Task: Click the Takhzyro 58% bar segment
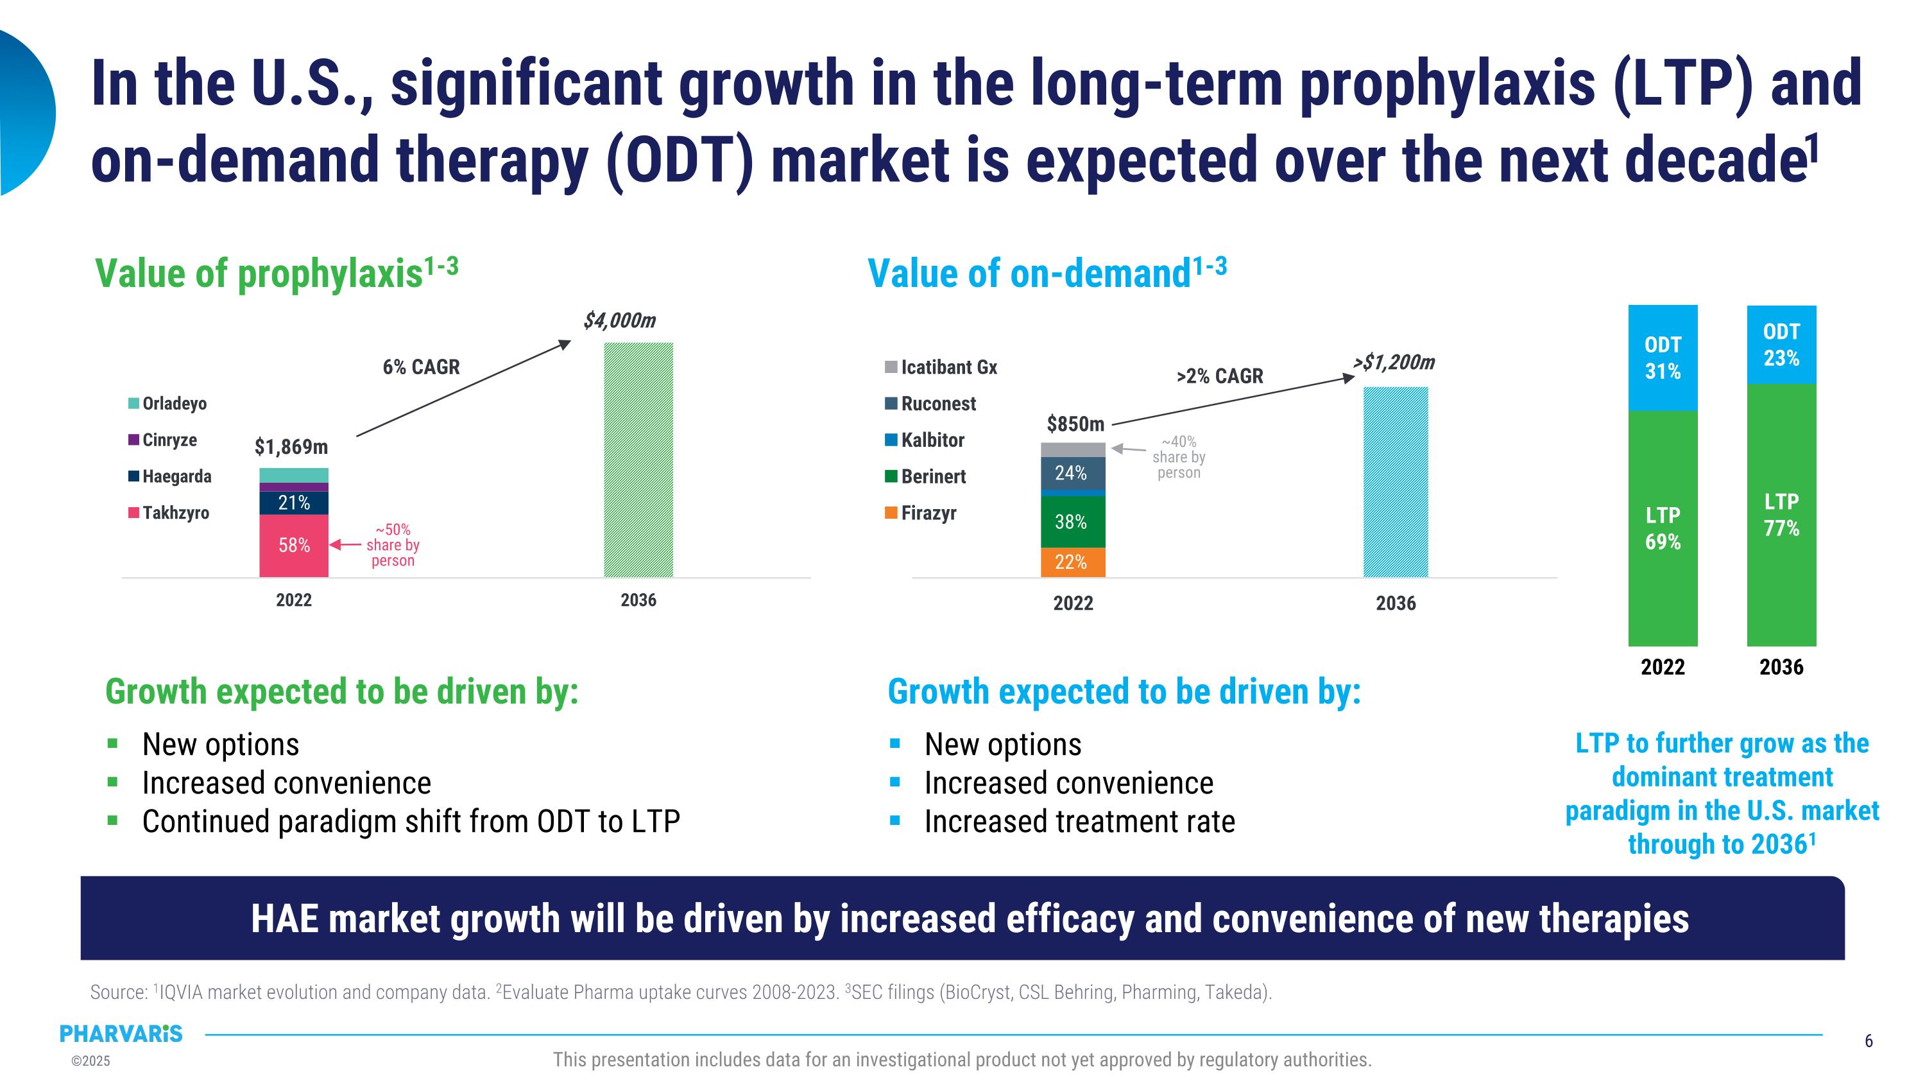(x=294, y=546)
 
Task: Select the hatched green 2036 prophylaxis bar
(x=638, y=460)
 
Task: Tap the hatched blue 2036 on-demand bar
(x=1395, y=482)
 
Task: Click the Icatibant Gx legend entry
(x=941, y=367)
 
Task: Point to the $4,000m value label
(x=619, y=320)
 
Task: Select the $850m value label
(x=1075, y=424)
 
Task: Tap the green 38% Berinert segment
(x=1072, y=522)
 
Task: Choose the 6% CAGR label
(x=421, y=367)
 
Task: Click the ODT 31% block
(x=1662, y=358)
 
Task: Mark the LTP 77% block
(x=1781, y=515)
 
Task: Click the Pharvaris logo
(x=121, y=1034)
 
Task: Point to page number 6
(x=1868, y=1041)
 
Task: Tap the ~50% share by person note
(x=392, y=546)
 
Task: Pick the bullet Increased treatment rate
(x=1079, y=822)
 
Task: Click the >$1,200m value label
(x=1394, y=363)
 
